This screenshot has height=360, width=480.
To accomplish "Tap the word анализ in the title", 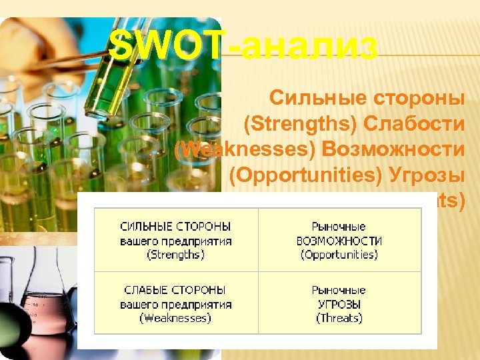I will pyautogui.click(x=311, y=47).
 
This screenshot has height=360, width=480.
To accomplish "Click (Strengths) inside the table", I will pyautogui.click(x=176, y=255).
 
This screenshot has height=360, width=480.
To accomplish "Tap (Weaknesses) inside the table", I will pyautogui.click(x=176, y=318).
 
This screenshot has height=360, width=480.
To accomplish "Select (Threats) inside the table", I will pyautogui.click(x=339, y=318).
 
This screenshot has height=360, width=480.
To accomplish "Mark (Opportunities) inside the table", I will pyautogui.click(x=339, y=255).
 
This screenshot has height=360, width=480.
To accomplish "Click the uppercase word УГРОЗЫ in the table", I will pyautogui.click(x=339, y=304).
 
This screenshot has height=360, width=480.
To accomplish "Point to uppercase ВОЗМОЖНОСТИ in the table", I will pyautogui.click(x=339, y=241).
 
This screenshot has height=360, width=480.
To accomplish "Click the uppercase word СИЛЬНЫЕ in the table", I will pyautogui.click(x=148, y=227).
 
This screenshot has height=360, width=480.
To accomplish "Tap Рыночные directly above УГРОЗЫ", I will pyautogui.click(x=339, y=290).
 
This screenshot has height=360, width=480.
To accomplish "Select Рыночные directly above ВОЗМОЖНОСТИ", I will pyautogui.click(x=339, y=227).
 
